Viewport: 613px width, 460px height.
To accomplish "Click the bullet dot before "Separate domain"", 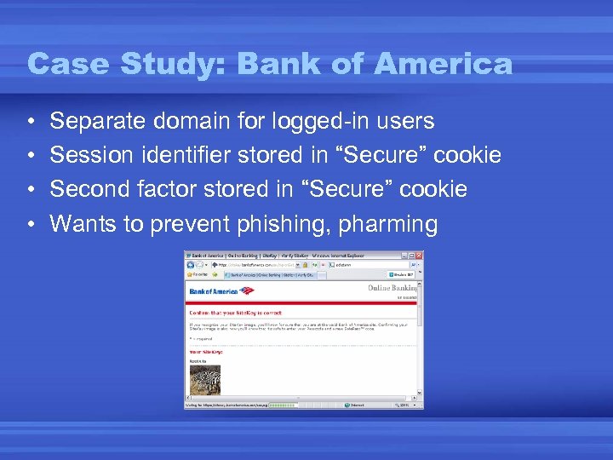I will pos(30,123).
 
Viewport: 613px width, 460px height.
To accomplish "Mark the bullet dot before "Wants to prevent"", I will pos(30,224).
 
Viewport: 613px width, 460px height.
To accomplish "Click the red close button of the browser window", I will pos(418,256).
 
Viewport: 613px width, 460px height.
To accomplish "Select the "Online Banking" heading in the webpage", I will pos(392,289).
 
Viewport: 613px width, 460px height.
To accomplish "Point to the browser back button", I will pos(192,264).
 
